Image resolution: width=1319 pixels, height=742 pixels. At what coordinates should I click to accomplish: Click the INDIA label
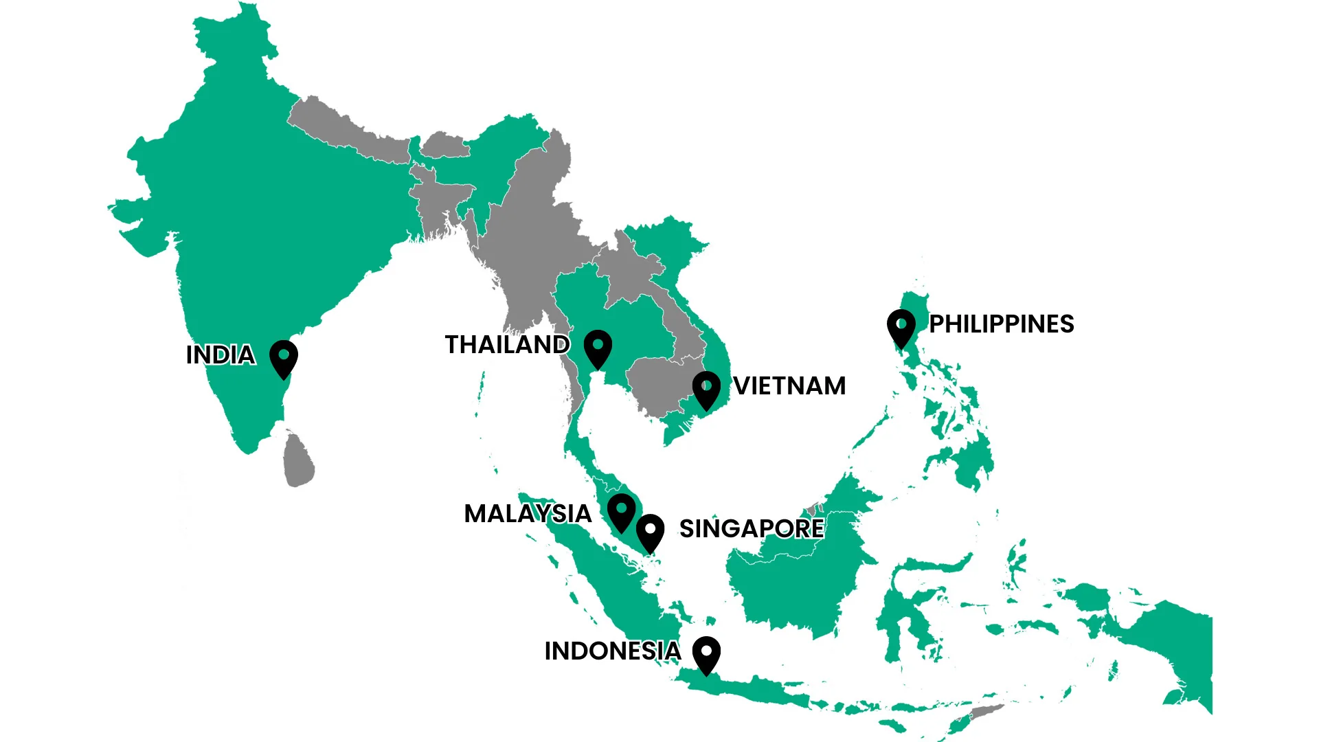(221, 355)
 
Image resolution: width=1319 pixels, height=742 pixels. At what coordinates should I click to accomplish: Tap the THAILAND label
(507, 345)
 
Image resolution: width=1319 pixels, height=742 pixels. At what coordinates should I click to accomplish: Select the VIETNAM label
(789, 386)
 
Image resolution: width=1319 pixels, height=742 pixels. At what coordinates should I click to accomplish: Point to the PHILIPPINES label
(1001, 324)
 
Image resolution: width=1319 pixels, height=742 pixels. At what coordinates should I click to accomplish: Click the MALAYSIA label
(528, 514)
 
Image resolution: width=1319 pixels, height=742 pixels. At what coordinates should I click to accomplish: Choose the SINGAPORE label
(752, 529)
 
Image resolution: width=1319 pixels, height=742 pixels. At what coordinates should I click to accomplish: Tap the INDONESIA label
(612, 651)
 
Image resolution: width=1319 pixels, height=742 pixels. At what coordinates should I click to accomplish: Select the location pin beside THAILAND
(598, 348)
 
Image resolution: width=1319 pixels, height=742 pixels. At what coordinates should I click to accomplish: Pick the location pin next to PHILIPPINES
(901, 327)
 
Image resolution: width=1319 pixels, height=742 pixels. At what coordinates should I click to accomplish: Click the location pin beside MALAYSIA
(621, 511)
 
